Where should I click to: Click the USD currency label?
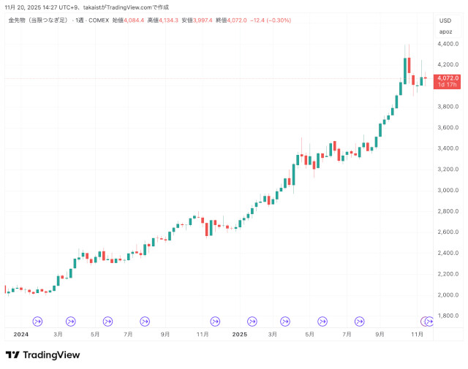445,20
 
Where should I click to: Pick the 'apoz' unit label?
445,31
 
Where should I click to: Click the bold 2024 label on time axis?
20,334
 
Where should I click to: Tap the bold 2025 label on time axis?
240,334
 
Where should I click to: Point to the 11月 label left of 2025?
203,334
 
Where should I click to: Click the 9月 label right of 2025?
381,334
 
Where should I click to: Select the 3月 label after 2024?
58,334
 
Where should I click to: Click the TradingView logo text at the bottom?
51,355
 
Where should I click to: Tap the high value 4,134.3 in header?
168,20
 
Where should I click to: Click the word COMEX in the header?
98,20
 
